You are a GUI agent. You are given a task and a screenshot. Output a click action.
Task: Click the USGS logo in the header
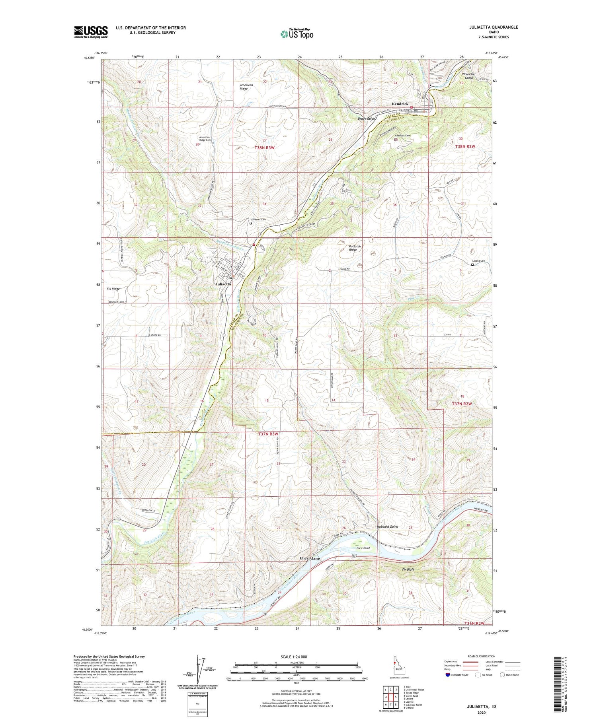tap(91, 32)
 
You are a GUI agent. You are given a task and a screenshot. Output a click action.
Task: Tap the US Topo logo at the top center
tap(297, 34)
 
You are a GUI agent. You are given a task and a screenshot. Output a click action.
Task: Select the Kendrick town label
tap(400, 104)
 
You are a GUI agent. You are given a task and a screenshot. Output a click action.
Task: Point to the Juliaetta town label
tap(223, 284)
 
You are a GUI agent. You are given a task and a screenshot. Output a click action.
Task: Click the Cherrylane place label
tap(309, 558)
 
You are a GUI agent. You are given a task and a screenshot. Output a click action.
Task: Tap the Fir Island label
tap(363, 548)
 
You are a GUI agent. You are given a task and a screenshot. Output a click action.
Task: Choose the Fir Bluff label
tap(406, 569)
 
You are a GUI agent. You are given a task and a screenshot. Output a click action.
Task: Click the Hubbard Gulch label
tap(387, 527)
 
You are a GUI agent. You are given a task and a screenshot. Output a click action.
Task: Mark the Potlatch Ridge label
tap(355, 248)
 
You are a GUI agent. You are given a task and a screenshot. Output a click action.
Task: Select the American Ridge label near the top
tap(246, 87)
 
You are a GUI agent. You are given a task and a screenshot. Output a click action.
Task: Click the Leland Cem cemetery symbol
tap(472, 264)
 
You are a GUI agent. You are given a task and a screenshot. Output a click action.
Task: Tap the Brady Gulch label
tap(366, 119)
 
